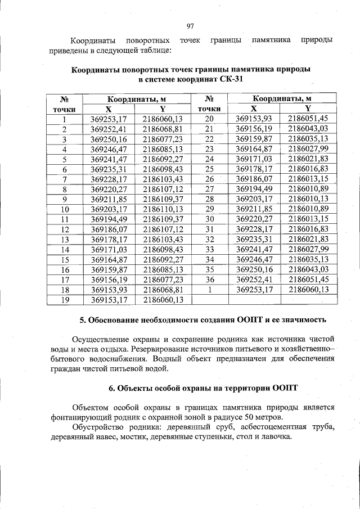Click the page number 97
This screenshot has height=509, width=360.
190,26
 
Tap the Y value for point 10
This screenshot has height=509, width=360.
163,209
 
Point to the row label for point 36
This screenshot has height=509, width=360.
210,280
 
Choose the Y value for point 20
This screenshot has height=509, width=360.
308,118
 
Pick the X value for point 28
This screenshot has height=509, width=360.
254,199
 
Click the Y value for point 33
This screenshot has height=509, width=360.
308,249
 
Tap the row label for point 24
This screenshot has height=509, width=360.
210,159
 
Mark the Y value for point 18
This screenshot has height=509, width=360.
163,290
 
